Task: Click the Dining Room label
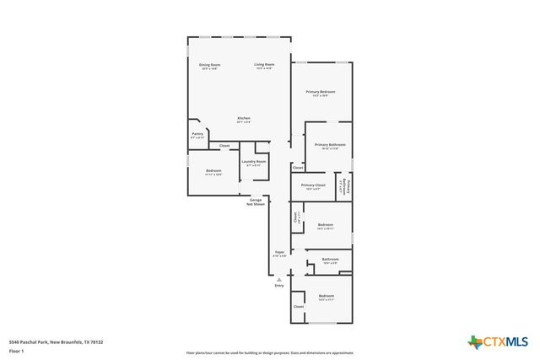210,65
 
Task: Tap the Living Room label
265,65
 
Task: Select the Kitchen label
244,118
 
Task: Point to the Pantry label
197,133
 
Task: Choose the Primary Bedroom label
321,92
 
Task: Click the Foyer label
279,252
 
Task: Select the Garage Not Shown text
256,202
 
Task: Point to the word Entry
279,286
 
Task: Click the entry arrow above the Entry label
279,279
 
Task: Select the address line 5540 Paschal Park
55,341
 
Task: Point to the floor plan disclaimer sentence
270,353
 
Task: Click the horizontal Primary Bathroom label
330,145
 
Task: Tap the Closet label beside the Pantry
224,146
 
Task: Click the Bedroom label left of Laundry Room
213,171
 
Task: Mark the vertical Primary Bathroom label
343,186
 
